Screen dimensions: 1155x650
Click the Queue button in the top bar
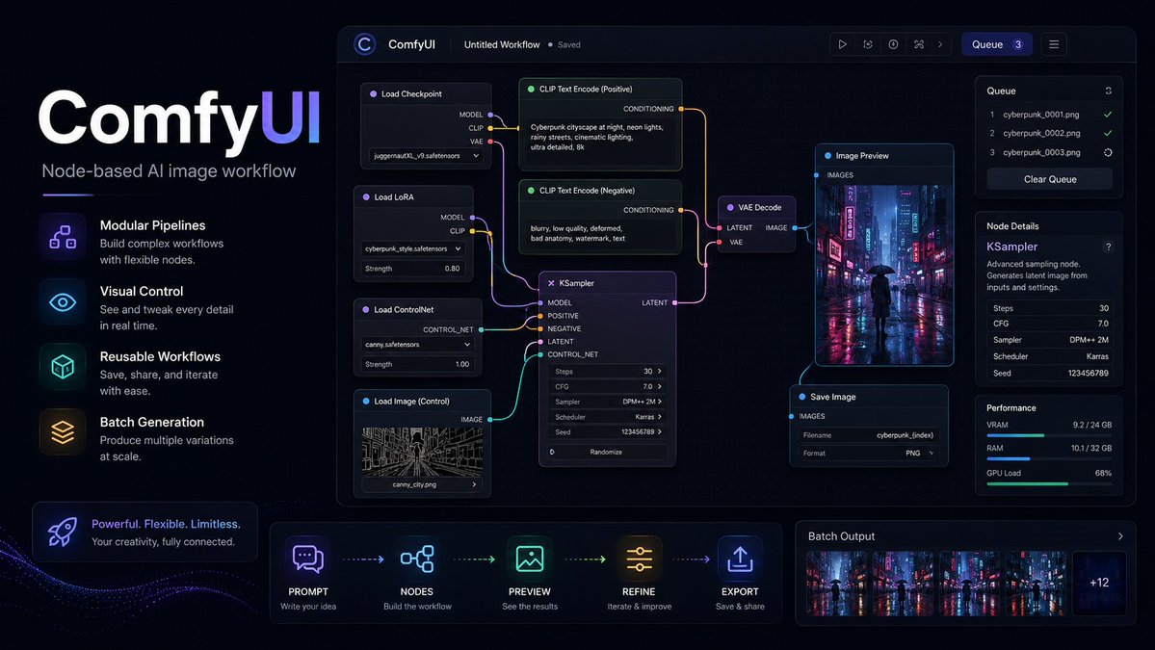pos(997,44)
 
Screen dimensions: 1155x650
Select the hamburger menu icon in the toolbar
pos(1054,44)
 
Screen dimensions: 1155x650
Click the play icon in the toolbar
pos(842,44)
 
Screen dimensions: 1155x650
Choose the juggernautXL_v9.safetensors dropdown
pos(426,156)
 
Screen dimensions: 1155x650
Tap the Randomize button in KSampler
pos(607,452)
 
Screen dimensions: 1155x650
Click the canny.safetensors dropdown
pos(417,345)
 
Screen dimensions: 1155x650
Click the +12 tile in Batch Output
pos(1099,583)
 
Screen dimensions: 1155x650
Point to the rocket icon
pos(63,532)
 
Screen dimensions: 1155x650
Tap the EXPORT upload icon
pos(740,559)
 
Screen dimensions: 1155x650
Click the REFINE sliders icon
pos(639,559)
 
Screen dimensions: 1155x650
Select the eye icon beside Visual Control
pos(63,301)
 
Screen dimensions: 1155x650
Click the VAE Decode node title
pos(759,208)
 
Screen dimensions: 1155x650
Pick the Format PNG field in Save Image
pos(869,454)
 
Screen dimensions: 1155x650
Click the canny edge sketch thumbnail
pos(422,452)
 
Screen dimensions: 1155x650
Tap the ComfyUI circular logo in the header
pos(365,44)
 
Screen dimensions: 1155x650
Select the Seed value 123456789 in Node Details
pos(1088,374)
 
